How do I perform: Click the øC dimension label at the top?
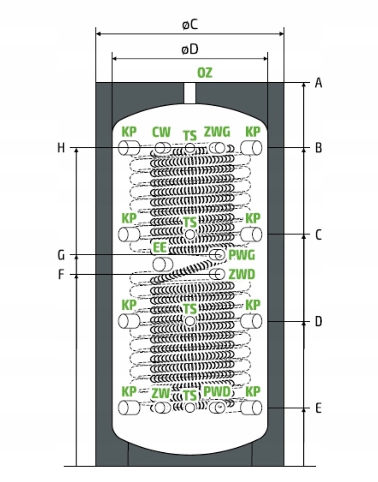point(190,24)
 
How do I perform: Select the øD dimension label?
point(190,49)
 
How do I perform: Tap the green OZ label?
point(205,73)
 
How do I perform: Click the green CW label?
point(161,132)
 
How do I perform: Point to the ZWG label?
point(217,132)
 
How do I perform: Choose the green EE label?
point(160,247)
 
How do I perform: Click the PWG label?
point(242,255)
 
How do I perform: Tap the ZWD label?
point(242,275)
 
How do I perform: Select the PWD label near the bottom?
point(217,392)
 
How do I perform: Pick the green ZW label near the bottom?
point(161,393)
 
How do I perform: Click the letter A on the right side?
point(318,83)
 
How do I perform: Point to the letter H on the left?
point(61,148)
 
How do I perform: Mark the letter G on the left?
point(61,255)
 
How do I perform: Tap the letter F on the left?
point(61,275)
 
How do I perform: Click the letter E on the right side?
point(318,408)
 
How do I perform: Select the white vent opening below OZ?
point(190,93)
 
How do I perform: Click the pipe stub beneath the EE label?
point(163,265)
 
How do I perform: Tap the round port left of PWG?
point(217,255)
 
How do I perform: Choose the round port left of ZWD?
point(217,274)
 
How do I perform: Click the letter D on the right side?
point(318,321)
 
